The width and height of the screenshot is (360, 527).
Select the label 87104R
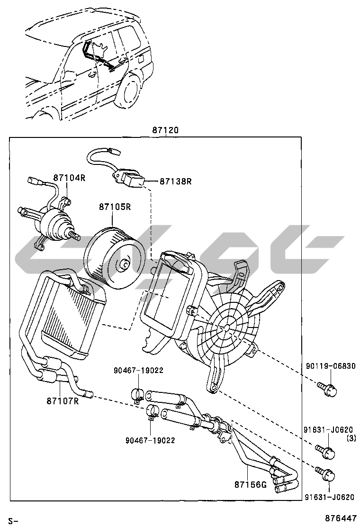click(x=69, y=178)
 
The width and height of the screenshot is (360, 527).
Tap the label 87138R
click(x=175, y=181)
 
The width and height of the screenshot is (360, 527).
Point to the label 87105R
click(x=115, y=207)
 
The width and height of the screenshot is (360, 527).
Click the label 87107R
click(x=62, y=400)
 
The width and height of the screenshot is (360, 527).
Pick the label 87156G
click(x=251, y=484)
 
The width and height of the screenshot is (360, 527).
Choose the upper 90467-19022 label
click(x=138, y=370)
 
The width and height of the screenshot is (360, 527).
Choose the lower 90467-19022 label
click(x=150, y=440)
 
